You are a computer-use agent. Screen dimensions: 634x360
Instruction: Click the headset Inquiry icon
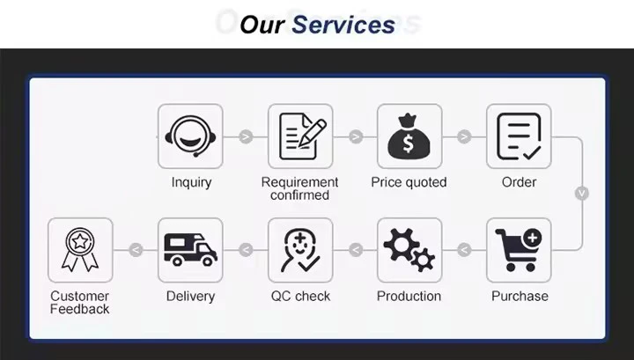tap(190, 136)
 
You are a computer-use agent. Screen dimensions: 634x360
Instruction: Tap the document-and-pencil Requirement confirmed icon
tap(299, 136)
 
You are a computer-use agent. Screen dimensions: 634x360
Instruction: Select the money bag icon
tap(409, 136)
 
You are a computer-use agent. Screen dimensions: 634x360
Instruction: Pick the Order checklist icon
tap(519, 136)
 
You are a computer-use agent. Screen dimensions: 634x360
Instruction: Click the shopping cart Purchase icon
tap(519, 250)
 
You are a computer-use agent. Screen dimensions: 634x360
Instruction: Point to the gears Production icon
tap(409, 250)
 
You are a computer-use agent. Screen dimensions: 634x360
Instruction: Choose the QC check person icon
tap(299, 250)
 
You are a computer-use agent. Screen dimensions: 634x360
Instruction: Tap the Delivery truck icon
tap(190, 250)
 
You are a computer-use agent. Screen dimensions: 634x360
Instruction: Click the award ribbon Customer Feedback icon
tap(80, 250)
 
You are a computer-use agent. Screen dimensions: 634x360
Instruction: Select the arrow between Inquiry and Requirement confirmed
tap(246, 136)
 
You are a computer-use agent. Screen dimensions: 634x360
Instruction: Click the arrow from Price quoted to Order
tap(464, 136)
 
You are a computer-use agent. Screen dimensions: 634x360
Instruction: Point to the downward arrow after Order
tap(581, 193)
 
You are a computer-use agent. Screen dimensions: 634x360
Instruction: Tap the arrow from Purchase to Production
tap(464, 251)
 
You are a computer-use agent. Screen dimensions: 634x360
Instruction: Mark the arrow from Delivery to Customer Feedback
tap(136, 251)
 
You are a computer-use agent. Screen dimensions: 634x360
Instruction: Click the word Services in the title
tap(343, 24)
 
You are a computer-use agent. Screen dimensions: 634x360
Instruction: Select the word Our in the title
tap(262, 24)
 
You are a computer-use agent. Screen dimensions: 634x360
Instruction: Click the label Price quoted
tap(409, 182)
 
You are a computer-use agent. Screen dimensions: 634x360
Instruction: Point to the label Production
tap(409, 296)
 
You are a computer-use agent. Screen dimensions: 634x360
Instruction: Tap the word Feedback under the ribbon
tap(80, 309)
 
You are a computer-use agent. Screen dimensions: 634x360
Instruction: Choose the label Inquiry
tap(191, 182)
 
